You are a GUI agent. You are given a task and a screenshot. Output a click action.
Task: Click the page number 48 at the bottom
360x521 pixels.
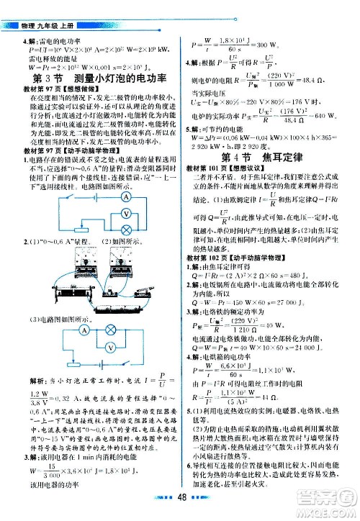pos(180,504)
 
